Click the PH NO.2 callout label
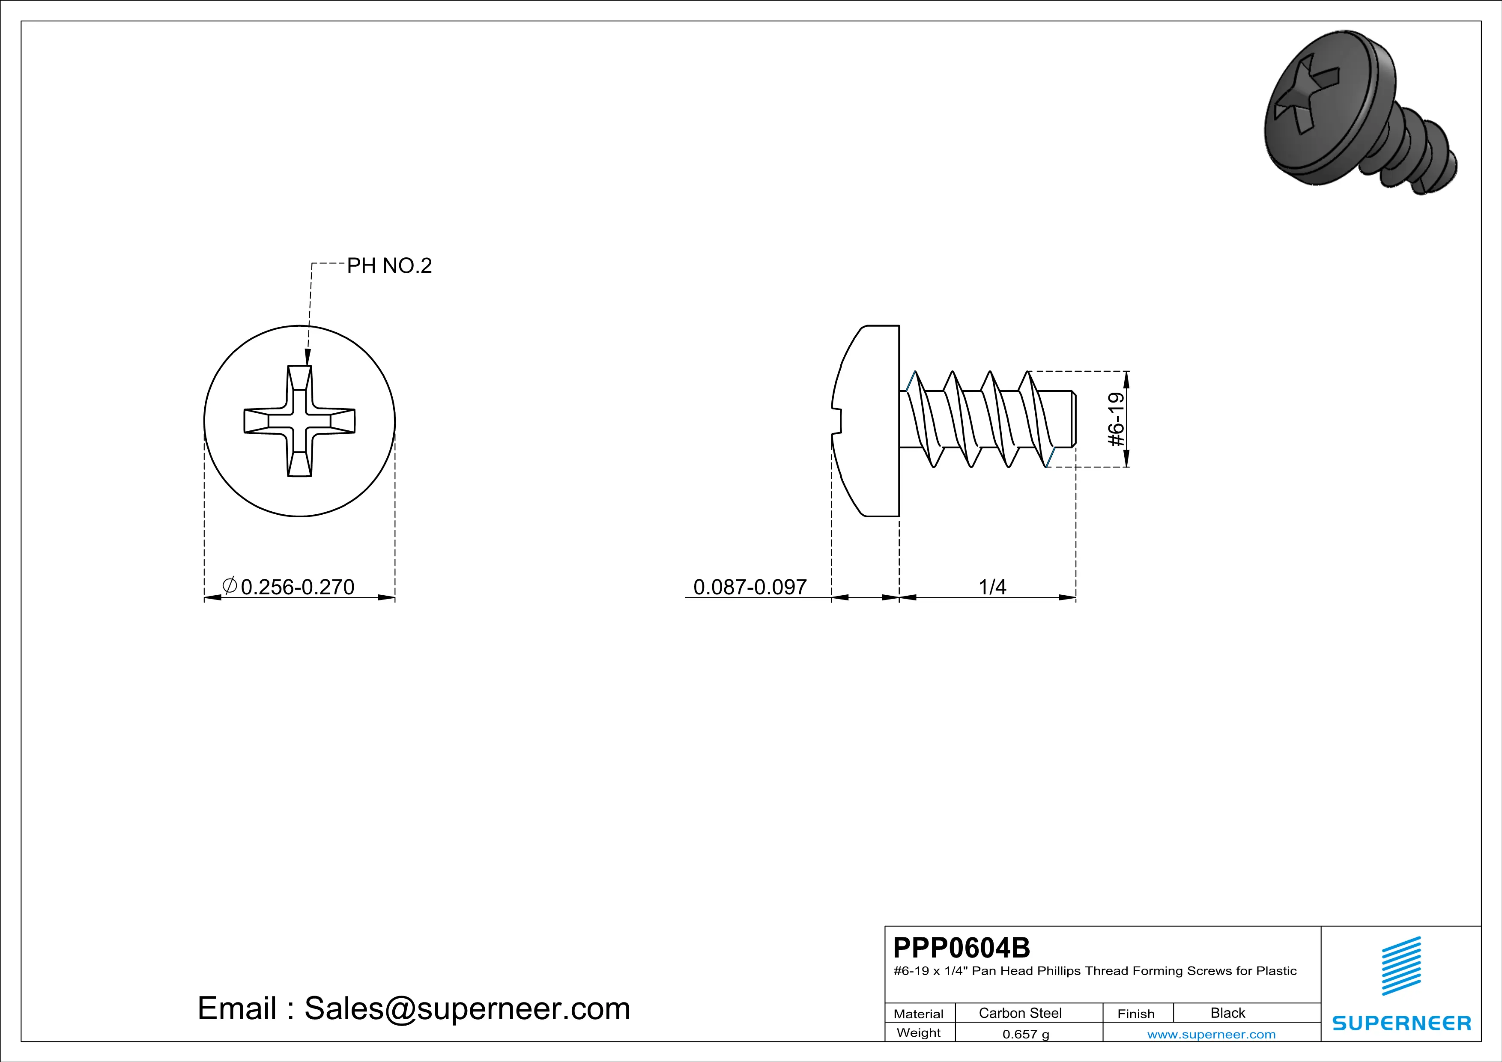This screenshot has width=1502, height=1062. click(389, 265)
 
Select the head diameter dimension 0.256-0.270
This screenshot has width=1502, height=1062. click(298, 587)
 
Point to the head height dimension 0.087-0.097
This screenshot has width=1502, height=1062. click(750, 587)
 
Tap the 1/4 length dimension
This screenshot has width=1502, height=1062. click(992, 587)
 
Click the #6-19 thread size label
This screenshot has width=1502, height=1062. click(1117, 419)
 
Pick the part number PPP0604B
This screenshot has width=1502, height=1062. click(961, 948)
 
